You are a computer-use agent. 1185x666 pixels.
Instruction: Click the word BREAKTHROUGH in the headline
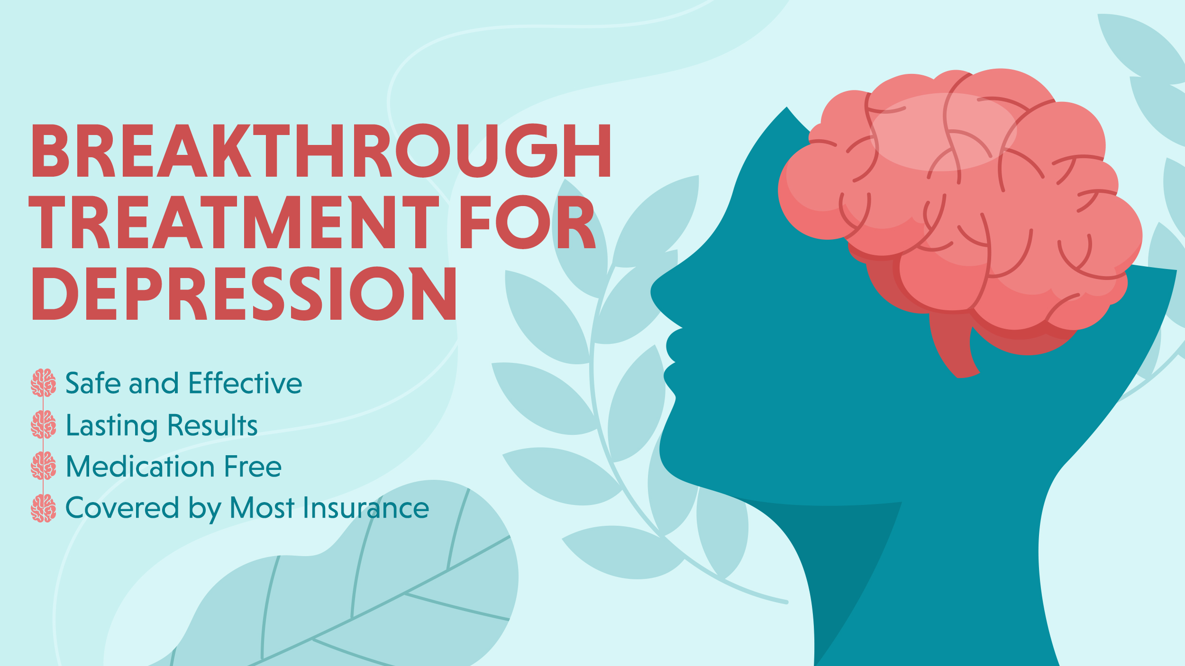(321, 151)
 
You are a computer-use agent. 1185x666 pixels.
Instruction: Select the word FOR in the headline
(527, 222)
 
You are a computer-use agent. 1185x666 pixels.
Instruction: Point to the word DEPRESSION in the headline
(244, 293)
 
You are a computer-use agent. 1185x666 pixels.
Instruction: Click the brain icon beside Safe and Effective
(43, 383)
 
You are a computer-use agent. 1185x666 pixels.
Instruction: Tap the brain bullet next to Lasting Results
(43, 424)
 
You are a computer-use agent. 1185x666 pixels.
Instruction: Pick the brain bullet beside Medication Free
(43, 466)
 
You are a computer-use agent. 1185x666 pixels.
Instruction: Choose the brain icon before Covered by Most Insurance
(43, 508)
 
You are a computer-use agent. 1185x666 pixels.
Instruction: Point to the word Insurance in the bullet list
(366, 508)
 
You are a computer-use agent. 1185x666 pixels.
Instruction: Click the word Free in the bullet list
(253, 466)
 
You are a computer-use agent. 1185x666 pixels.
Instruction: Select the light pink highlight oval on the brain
(943, 132)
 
